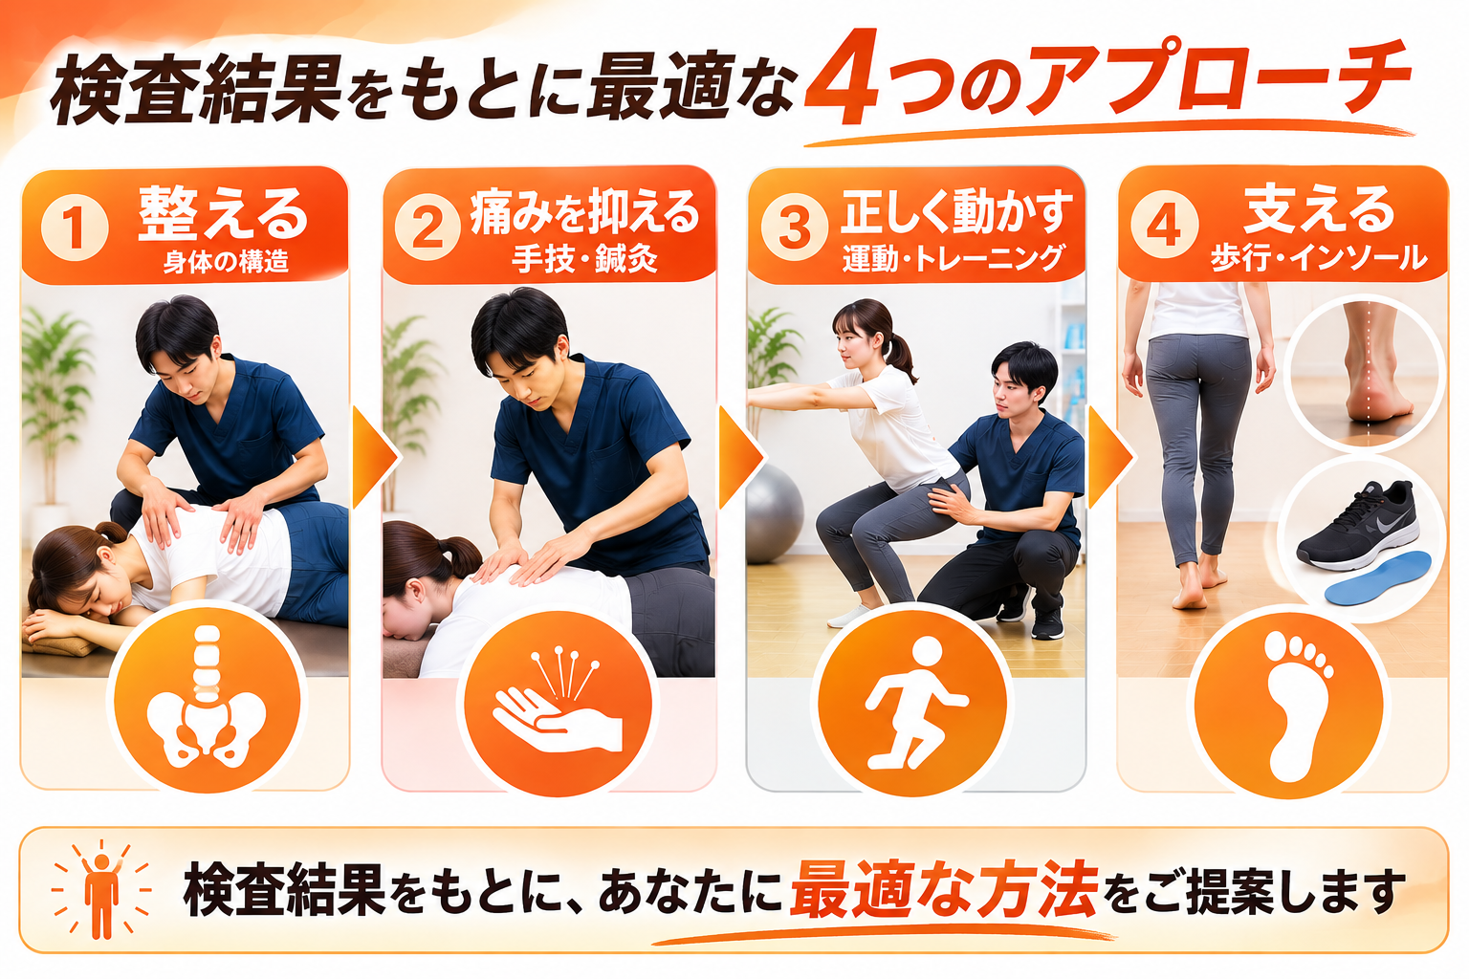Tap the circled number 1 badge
coord(74,228)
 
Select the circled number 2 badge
coord(428,228)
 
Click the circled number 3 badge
coord(794,227)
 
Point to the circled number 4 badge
coord(1164,225)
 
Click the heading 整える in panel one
coord(223,213)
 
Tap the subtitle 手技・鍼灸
coord(585,260)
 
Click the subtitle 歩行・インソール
coord(1318,258)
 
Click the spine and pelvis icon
coord(207,696)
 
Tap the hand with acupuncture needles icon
coord(558,702)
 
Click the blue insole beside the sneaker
coord(1377,578)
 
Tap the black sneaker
coord(1357,525)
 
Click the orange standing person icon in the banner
coord(101,892)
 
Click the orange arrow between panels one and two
coord(375,457)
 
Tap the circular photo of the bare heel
coord(1364,372)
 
